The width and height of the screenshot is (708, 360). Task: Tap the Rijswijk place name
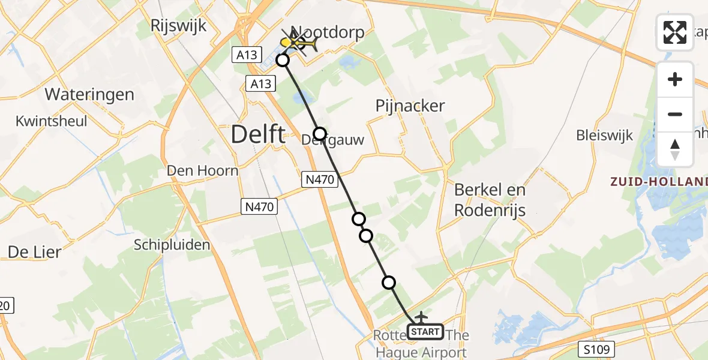179,26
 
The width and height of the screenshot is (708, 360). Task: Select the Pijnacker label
410,106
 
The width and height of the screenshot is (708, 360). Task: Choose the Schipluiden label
172,245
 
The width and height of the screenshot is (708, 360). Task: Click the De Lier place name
34,252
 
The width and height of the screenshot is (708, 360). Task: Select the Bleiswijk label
604,135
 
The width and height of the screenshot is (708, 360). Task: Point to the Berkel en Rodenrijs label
490,200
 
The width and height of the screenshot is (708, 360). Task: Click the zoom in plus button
675,80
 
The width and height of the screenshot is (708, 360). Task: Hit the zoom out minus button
675,114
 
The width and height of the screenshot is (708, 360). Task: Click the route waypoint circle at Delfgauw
320,134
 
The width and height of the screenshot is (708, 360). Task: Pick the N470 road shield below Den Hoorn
260,207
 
